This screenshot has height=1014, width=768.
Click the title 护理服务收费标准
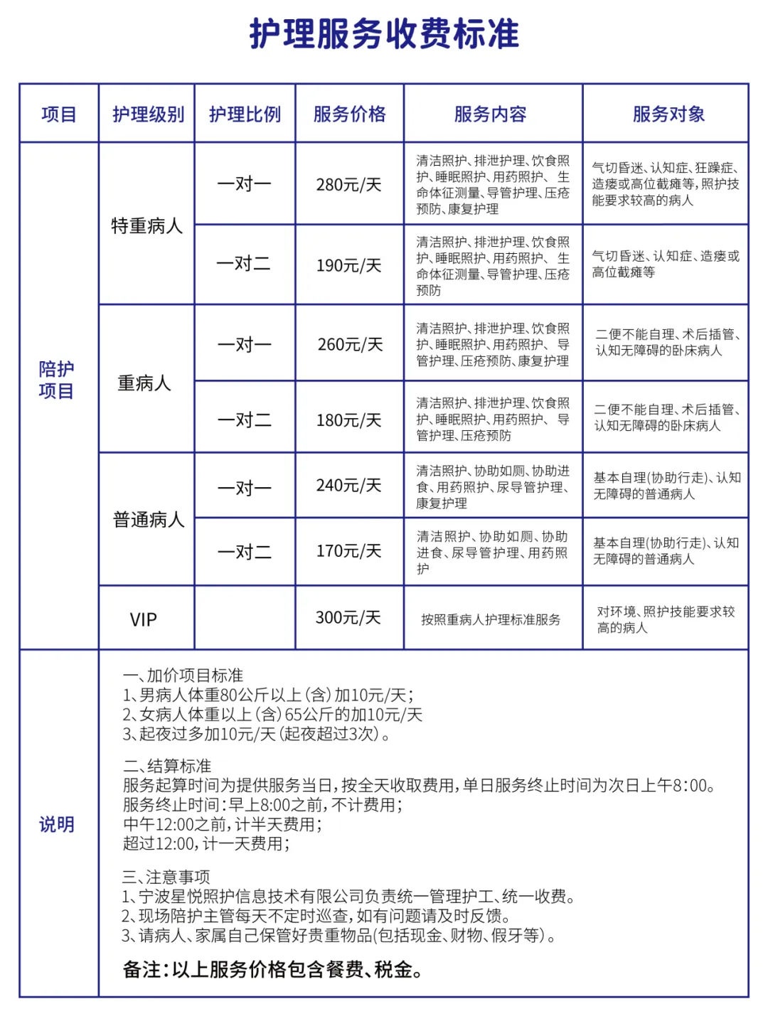[x=384, y=34]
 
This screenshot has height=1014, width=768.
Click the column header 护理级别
[x=148, y=114]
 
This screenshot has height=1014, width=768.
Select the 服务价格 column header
[x=349, y=114]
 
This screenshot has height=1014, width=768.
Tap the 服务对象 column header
[x=668, y=114]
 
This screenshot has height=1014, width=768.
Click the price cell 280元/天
[x=348, y=185]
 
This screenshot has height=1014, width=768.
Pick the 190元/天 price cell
[x=348, y=265]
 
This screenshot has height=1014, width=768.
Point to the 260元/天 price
[x=349, y=345]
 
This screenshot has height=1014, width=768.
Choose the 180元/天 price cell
[x=348, y=420]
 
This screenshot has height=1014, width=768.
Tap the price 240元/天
[x=348, y=486]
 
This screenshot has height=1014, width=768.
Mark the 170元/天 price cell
[x=348, y=551]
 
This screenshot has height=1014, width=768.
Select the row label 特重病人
[x=146, y=226]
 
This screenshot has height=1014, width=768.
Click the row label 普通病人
[x=148, y=520]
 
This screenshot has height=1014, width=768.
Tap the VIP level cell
[x=143, y=619]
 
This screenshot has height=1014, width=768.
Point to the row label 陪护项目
[x=56, y=380]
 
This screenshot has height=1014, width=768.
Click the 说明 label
[x=56, y=825]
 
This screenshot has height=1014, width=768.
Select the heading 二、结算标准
[x=167, y=767]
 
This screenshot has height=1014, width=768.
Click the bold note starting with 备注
[x=273, y=969]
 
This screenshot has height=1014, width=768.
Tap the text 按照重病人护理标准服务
[x=491, y=620]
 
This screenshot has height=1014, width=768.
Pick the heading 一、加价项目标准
[x=183, y=676]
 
